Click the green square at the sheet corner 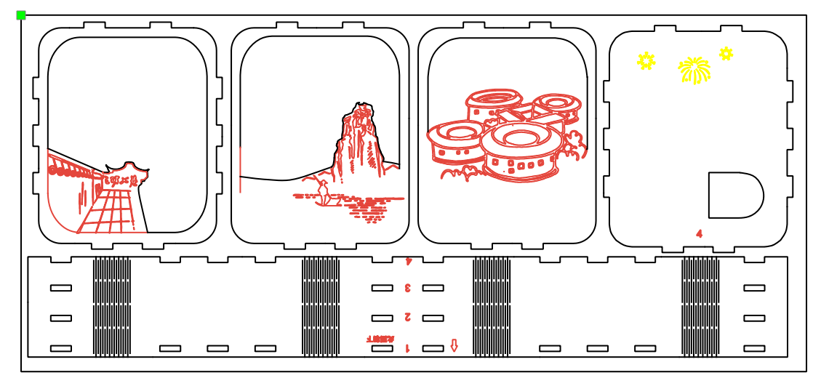pyautogui.click(x=21, y=15)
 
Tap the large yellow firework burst pyautogui.click(x=694, y=71)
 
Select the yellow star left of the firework pyautogui.click(x=646, y=61)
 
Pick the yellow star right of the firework pyautogui.click(x=726, y=53)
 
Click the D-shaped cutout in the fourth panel pyautogui.click(x=734, y=195)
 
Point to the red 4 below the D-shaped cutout pyautogui.click(x=699, y=233)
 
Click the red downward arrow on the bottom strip pyautogui.click(x=454, y=345)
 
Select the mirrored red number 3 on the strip pyautogui.click(x=408, y=288)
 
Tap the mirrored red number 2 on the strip pyautogui.click(x=408, y=317)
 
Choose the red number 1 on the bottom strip pyautogui.click(x=407, y=348)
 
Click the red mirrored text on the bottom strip pyautogui.click(x=380, y=339)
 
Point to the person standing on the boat pyautogui.click(x=322, y=191)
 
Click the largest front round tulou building pyautogui.click(x=521, y=150)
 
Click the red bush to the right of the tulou pyautogui.click(x=573, y=145)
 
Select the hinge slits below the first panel pyautogui.click(x=112, y=307)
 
